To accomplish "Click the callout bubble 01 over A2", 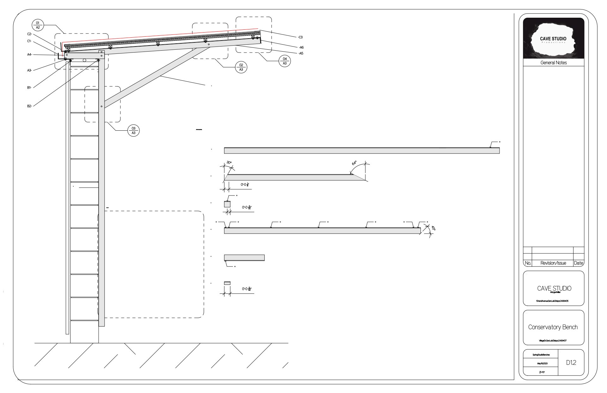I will pos(38,25).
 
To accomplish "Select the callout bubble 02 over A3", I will pos(241,67).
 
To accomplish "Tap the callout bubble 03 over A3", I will pos(133,130).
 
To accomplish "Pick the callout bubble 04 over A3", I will pos(285,61).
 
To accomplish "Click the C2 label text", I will pos(29,34).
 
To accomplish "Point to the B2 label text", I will pos(29,106).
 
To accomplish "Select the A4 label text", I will pos(29,55).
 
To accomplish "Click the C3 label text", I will pos(300,37).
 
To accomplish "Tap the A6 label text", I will pos(301,47).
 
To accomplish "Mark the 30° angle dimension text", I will pos(229,163).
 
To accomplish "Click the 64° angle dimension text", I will pos(354,163).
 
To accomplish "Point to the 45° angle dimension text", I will pos(433,228).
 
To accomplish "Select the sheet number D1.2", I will pos(571,363).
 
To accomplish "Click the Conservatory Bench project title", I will pos(553,327).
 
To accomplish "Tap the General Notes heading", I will pos(554,63).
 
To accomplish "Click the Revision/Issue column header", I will pos(553,263).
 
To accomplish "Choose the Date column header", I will pos(579,263).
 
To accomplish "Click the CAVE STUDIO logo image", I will pos(553,38).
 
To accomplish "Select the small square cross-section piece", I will pos(227,204).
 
